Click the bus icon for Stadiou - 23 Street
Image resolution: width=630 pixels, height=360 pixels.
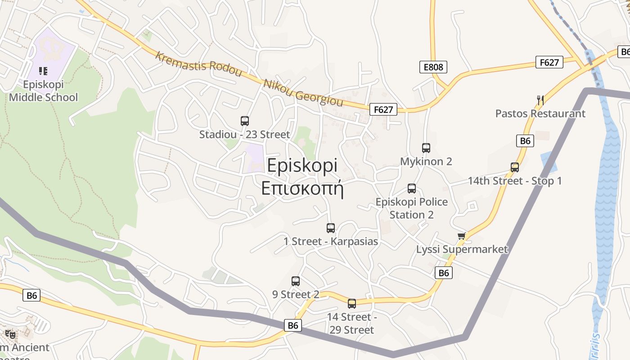pyautogui.click(x=245, y=121)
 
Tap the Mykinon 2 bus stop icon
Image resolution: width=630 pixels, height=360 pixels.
pyautogui.click(x=426, y=148)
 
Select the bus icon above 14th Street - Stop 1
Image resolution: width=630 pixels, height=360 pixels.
pyautogui.click(x=515, y=167)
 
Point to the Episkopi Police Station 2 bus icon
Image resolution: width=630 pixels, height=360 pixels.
pyautogui.click(x=411, y=189)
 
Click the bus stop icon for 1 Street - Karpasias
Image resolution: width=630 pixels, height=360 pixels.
pyautogui.click(x=331, y=228)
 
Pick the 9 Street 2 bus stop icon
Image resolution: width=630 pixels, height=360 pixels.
pyautogui.click(x=296, y=281)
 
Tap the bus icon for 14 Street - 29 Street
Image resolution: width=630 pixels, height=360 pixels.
pyautogui.click(x=352, y=304)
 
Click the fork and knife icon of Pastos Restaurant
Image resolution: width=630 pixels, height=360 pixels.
pyautogui.click(x=540, y=100)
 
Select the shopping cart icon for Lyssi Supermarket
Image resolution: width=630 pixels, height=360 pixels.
pyautogui.click(x=461, y=236)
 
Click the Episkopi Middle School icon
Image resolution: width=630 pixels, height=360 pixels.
pyautogui.click(x=43, y=71)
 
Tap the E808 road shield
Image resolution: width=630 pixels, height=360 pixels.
pyautogui.click(x=433, y=67)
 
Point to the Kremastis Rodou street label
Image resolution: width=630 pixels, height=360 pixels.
pyautogui.click(x=198, y=64)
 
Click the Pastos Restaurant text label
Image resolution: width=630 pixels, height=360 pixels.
pyautogui.click(x=540, y=113)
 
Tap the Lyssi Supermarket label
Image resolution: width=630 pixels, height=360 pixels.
pyautogui.click(x=462, y=249)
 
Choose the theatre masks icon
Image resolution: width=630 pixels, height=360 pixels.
pyautogui.click(x=10, y=334)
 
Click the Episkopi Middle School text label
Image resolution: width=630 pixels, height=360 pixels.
pyautogui.click(x=43, y=91)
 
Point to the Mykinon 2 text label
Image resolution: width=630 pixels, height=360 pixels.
pyautogui.click(x=426, y=161)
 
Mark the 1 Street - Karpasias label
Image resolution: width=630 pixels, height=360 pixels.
pyautogui.click(x=331, y=242)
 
